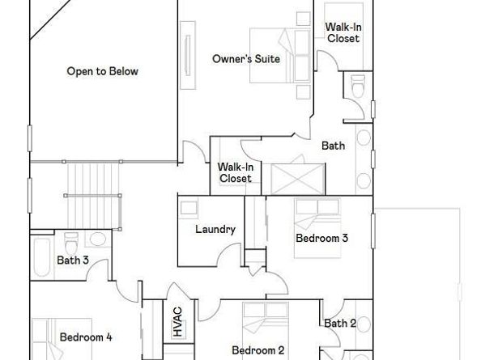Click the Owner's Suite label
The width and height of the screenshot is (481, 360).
pyautogui.click(x=246, y=59)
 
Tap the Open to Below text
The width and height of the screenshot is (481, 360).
pyautogui.click(x=103, y=71)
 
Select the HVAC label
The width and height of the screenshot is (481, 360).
pyautogui.click(x=177, y=322)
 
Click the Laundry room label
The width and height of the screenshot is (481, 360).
pyautogui.click(x=215, y=229)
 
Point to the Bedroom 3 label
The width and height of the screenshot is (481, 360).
pyautogui.click(x=321, y=238)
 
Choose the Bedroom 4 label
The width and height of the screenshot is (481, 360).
pyautogui.click(x=86, y=337)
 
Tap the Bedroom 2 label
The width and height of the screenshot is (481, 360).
pyautogui.click(x=258, y=350)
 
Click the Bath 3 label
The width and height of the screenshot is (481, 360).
pyautogui.click(x=73, y=260)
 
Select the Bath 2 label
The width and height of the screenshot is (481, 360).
pyautogui.click(x=340, y=324)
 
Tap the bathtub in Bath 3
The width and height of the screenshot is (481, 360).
pyautogui.click(x=41, y=257)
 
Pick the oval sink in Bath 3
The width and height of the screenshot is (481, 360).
pyautogui.click(x=98, y=239)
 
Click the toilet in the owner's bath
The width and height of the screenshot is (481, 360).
pyautogui.click(x=358, y=86)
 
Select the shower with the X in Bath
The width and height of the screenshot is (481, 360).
pyautogui.click(x=297, y=180)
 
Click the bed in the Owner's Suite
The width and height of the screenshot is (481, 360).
pyautogui.click(x=280, y=56)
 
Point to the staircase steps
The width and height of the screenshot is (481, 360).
pyautogui.click(x=92, y=196)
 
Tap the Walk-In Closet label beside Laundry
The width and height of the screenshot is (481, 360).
pyautogui.click(x=236, y=173)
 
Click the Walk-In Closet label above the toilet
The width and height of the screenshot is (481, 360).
pyautogui.click(x=343, y=33)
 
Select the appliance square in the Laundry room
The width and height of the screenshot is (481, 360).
pyautogui.click(x=189, y=208)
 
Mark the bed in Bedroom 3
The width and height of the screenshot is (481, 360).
pyautogui.click(x=317, y=228)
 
